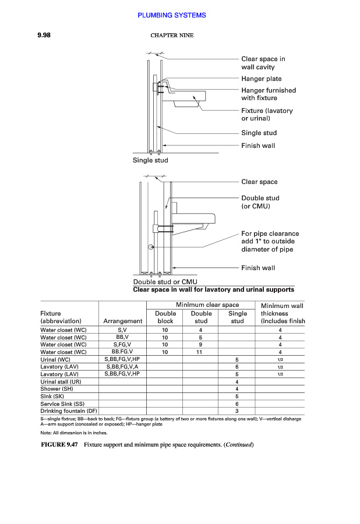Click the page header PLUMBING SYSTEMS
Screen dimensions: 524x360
pyautogui.click(x=172, y=15)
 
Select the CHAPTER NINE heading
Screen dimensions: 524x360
pyautogui.click(x=172, y=36)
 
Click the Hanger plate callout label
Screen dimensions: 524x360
pyautogui.click(x=261, y=79)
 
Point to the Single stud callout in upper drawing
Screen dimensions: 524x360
pyautogui.click(x=259, y=133)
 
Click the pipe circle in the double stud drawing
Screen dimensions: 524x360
pyautogui.click(x=151, y=247)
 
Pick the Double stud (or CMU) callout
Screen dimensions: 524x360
pyautogui.click(x=260, y=202)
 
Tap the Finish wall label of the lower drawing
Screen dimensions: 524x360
pyautogui.click(x=258, y=268)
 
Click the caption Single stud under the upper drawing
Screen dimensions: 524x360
pyautogui.click(x=150, y=160)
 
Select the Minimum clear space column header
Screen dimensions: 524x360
pyautogui.click(x=207, y=305)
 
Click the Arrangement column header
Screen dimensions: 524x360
pyautogui.click(x=122, y=321)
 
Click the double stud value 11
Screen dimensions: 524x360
pyautogui.click(x=200, y=352)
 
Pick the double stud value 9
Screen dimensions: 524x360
pyautogui.click(x=200, y=344)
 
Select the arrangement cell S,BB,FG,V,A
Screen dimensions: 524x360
pyautogui.click(x=122, y=367)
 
